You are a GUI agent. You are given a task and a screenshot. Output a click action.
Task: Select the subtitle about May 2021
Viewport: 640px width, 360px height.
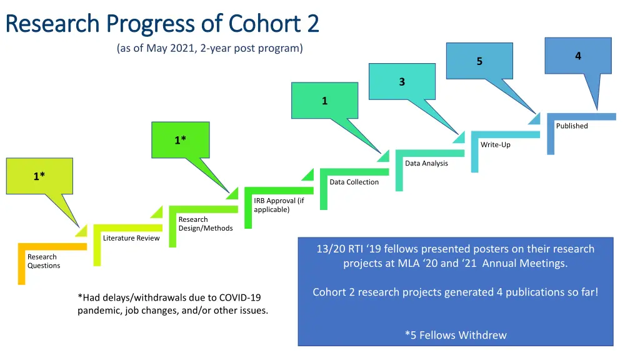[x=209, y=49]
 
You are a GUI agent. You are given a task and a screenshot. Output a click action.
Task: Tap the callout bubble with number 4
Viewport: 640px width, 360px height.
[x=578, y=56]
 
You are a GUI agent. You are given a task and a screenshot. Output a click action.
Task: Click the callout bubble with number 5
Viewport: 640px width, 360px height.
[x=479, y=61]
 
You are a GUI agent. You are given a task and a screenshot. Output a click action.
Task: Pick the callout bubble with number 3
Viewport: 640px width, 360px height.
[x=402, y=82]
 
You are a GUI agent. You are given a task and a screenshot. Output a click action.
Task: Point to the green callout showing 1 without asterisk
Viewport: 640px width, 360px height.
[x=324, y=101]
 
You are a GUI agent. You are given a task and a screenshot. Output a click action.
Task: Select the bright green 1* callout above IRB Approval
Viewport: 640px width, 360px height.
[x=180, y=140]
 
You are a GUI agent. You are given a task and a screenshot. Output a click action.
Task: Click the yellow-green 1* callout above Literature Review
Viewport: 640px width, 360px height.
[x=39, y=176]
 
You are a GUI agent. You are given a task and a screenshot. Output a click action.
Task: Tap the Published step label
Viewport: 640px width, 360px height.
[x=572, y=126]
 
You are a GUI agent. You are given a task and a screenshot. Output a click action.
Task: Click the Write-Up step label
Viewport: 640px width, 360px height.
[x=495, y=145]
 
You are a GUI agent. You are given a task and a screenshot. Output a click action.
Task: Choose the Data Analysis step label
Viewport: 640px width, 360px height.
[x=426, y=164]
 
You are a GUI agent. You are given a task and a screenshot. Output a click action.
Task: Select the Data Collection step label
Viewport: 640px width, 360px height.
[x=354, y=182]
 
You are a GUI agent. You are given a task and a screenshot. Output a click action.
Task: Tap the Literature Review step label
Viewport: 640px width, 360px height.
[x=131, y=238]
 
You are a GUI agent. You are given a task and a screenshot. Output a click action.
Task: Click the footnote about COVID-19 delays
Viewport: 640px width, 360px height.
[x=172, y=304]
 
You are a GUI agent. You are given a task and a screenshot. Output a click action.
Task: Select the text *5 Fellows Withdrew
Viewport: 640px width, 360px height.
[x=456, y=335]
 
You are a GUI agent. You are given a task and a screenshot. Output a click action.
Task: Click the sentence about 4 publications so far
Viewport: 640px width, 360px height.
[x=455, y=292]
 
